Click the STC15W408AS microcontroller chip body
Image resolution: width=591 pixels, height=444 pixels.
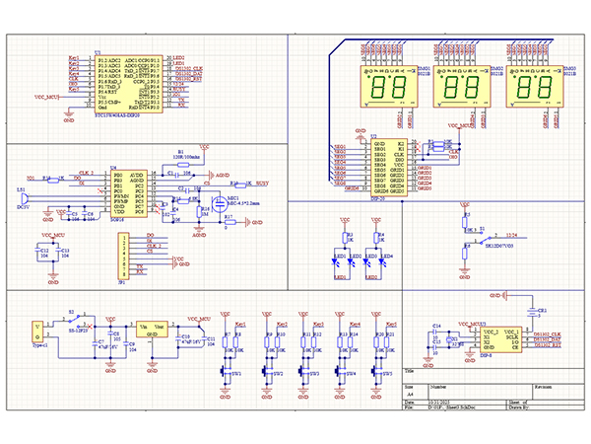[x=128, y=85]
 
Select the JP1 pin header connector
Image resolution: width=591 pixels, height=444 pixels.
[x=121, y=259]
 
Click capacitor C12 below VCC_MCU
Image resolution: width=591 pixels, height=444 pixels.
[x=44, y=254]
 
